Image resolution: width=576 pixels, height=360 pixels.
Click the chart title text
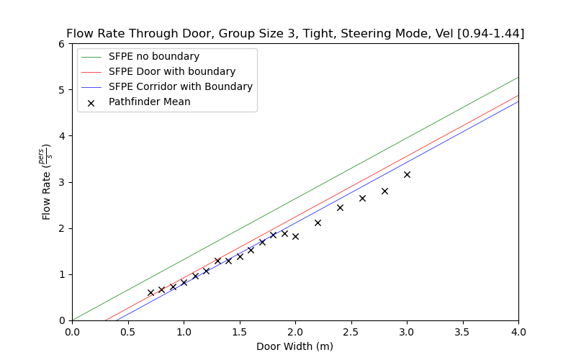coord(295,34)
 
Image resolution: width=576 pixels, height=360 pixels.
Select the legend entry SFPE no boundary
coord(154,56)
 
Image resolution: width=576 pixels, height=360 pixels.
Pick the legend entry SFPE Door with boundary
coord(172,71)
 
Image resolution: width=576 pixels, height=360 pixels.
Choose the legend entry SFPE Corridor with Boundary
coord(181,86)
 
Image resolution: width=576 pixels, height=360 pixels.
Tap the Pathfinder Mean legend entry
coord(150,102)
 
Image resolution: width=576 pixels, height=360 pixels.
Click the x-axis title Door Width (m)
coord(295,346)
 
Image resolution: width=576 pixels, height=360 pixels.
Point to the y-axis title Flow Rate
coord(48,182)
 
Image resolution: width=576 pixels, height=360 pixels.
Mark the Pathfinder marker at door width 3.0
coord(407,174)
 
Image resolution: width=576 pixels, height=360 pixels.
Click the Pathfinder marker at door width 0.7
coord(150,292)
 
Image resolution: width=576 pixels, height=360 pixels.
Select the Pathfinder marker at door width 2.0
coord(295,236)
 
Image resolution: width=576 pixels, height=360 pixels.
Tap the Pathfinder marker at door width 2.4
coord(340,207)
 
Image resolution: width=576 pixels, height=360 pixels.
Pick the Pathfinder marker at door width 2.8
coord(384,191)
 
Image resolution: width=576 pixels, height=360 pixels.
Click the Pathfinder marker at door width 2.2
coord(318,222)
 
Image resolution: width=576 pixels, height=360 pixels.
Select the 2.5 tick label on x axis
coord(351,332)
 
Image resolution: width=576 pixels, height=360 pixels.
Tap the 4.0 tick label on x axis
coord(518,332)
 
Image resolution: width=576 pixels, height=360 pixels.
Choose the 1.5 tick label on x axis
coord(239,332)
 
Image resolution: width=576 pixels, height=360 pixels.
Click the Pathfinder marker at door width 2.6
coord(362,198)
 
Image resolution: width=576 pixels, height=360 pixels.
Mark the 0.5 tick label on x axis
coord(127,332)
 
